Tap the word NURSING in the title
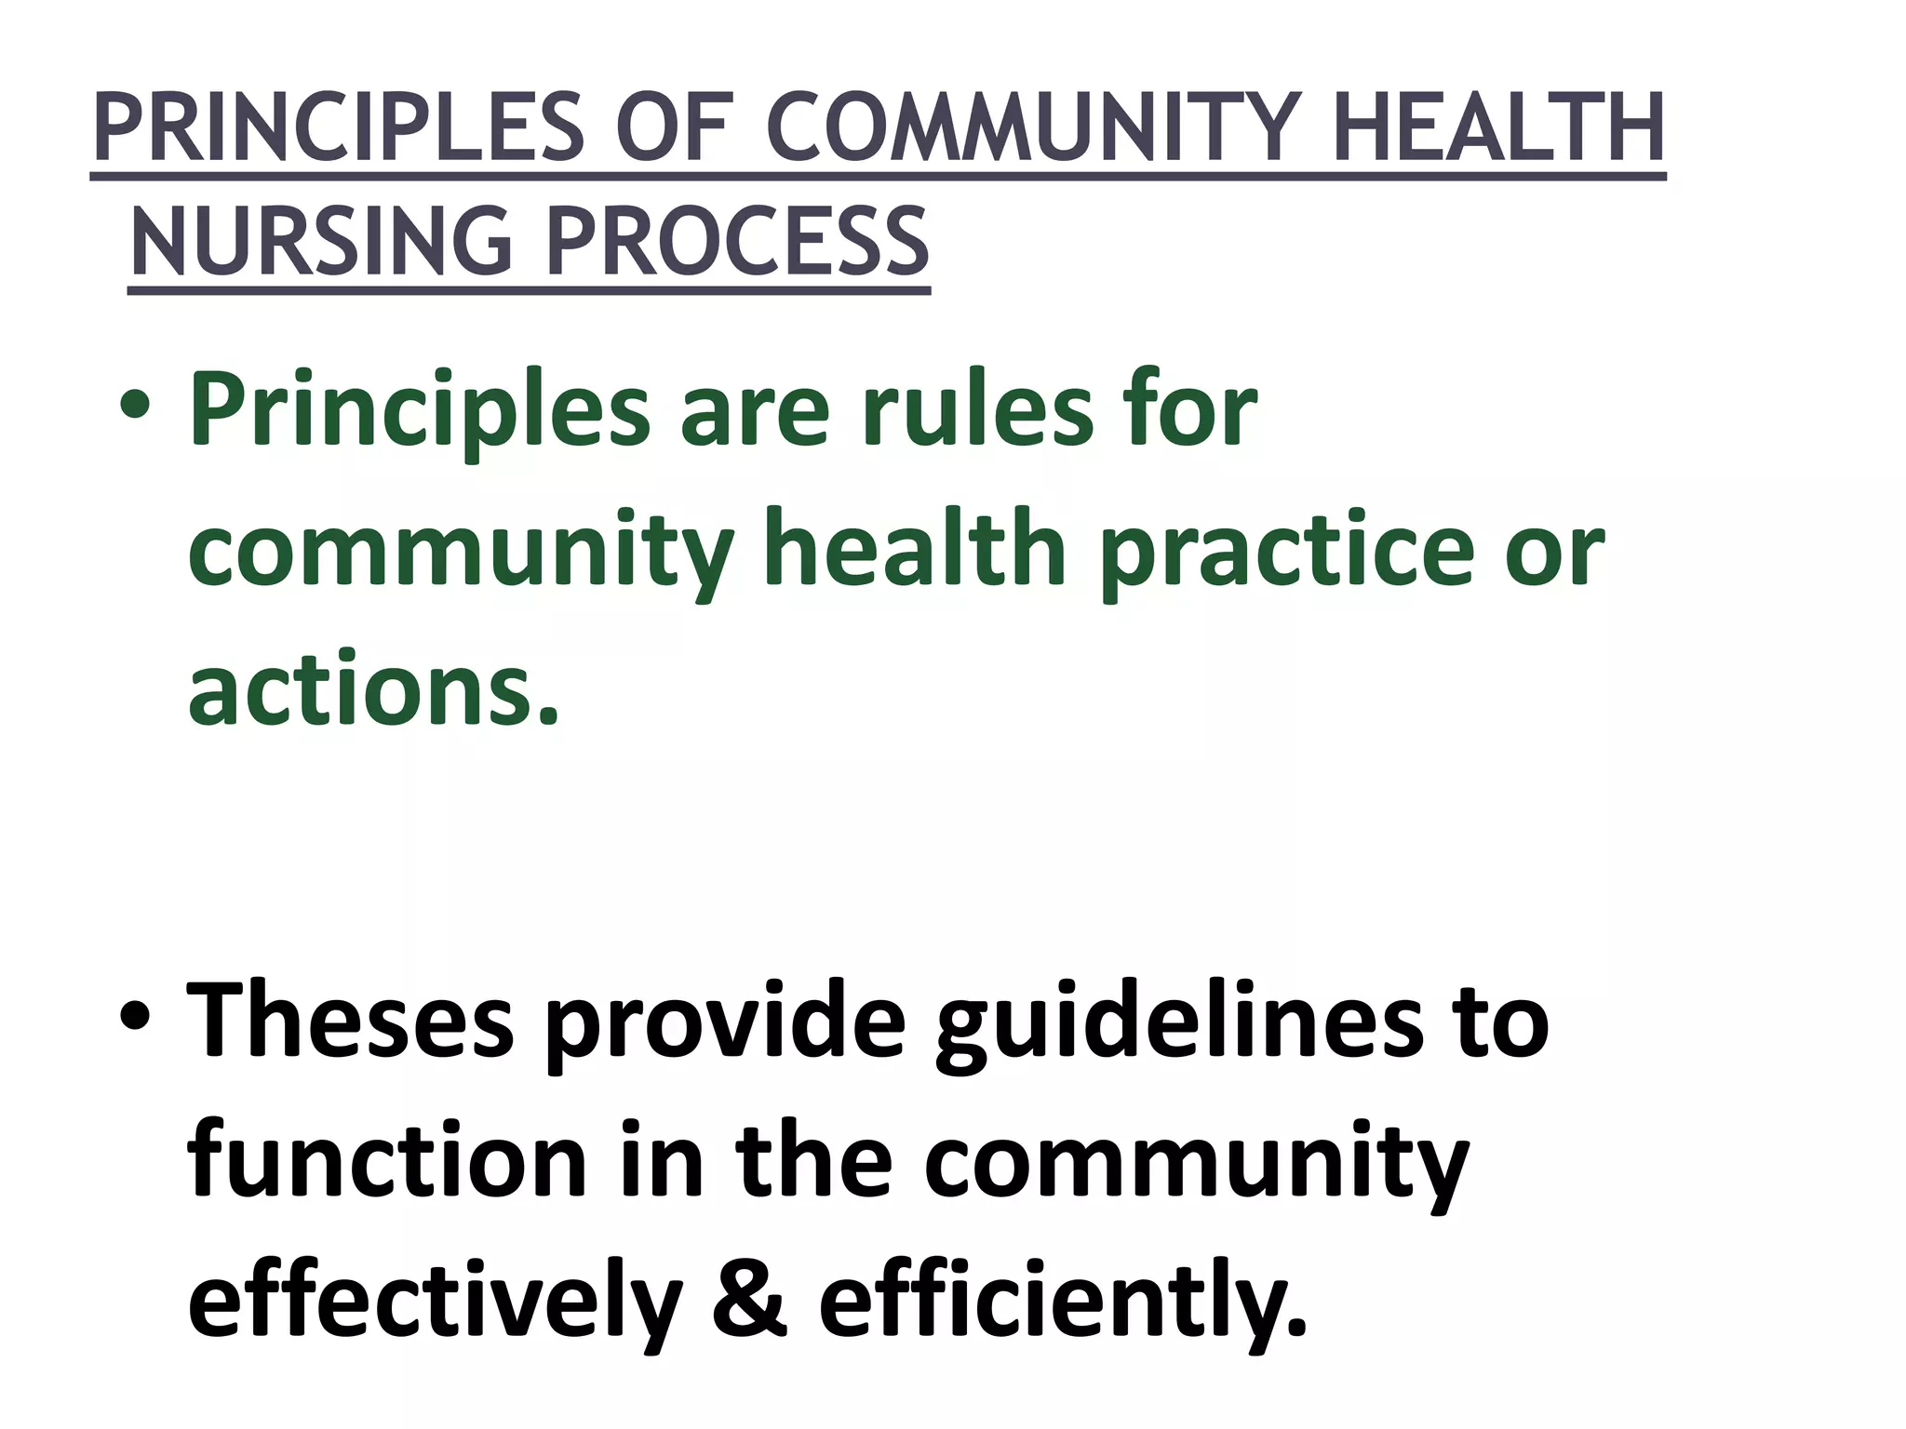321,242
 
